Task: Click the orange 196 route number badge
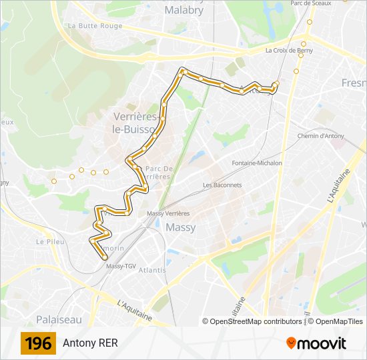[x=38, y=344]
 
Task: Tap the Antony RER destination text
[x=90, y=344]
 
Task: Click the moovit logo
[x=316, y=343]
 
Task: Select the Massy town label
[x=180, y=227]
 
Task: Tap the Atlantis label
[x=152, y=270]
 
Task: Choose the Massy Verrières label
[x=168, y=213]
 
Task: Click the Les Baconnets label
[x=222, y=185]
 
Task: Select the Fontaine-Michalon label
[x=257, y=163]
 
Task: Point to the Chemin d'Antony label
[x=320, y=136]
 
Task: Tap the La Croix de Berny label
[x=289, y=50]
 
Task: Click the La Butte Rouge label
[x=95, y=26]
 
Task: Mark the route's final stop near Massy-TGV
[x=105, y=257]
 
